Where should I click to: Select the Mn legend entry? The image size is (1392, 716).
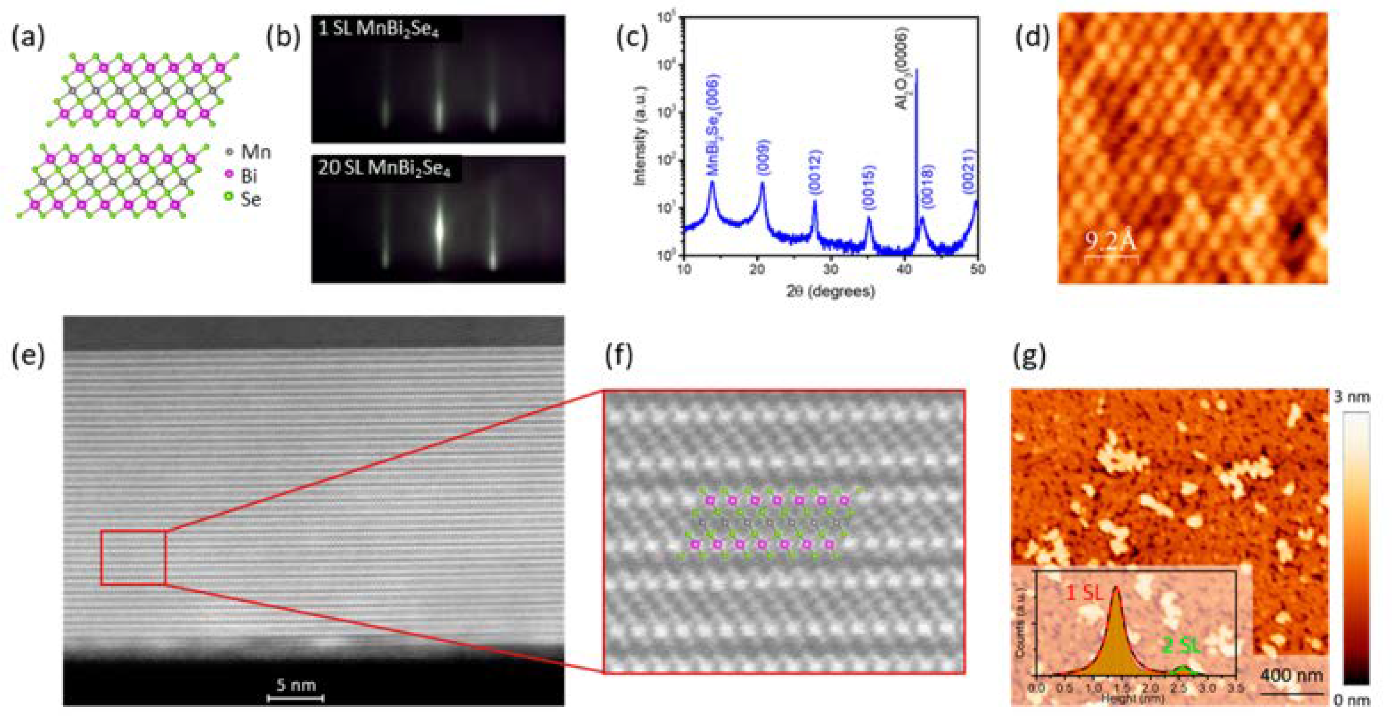coord(250,152)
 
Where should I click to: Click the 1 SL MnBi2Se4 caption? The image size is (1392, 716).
coord(378,29)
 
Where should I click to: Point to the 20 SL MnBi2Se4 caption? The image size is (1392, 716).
coord(384,169)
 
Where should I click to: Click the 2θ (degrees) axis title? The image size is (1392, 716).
coord(830,291)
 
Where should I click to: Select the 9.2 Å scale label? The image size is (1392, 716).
coord(1110,241)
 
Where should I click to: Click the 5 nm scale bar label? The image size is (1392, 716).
coord(296,685)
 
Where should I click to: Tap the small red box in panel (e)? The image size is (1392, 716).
coord(133,557)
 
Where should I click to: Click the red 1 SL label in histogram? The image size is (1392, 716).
coord(1083,593)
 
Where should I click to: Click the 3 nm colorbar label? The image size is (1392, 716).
coord(1351,397)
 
